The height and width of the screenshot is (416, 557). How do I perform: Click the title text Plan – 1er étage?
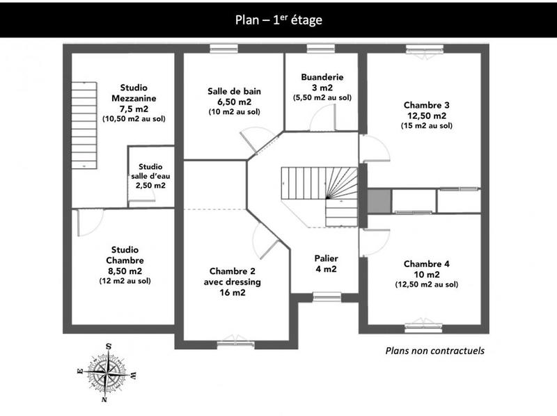click(278, 19)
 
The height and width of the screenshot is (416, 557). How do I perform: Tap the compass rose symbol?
click(107, 374)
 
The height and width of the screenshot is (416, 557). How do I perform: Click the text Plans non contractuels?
click(434, 351)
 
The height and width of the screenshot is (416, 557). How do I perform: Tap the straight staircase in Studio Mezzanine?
click(84, 125)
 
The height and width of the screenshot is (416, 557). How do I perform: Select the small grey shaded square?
click(378, 201)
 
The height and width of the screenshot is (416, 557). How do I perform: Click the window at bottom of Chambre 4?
click(423, 323)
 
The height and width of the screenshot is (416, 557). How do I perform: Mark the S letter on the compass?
click(109, 346)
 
